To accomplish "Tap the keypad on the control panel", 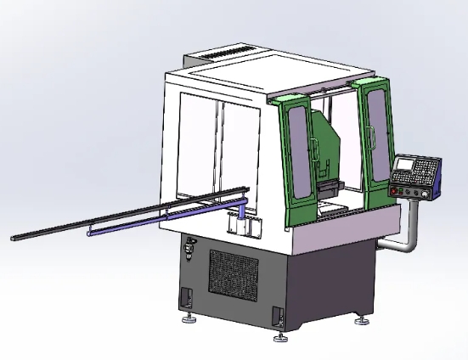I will tap(429, 172).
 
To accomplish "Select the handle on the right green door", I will tap(371, 133).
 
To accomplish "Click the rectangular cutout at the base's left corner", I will tap(184, 297).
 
